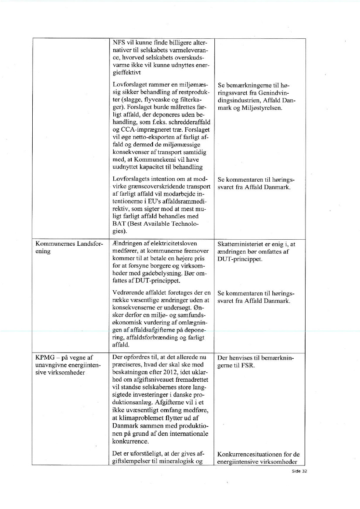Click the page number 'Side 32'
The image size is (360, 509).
coord(299,471)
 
